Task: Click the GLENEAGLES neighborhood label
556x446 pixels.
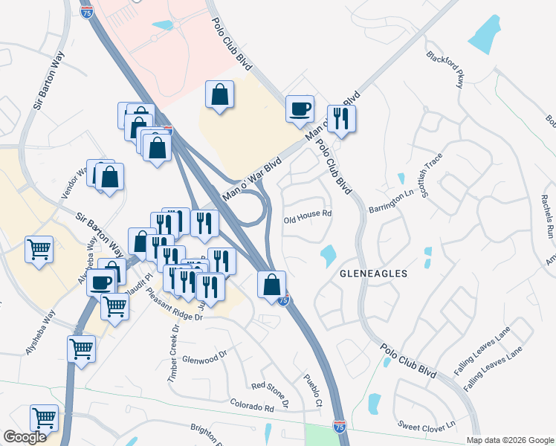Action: (x=373, y=274)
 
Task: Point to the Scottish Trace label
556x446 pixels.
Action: (x=432, y=176)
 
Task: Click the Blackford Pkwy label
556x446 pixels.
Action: (x=445, y=70)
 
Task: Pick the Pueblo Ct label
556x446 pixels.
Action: (x=312, y=392)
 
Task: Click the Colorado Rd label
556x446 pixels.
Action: (x=252, y=407)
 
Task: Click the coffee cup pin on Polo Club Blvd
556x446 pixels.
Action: (x=300, y=109)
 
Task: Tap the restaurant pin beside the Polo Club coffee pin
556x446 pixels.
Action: (x=341, y=119)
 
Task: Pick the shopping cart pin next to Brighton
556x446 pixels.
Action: (x=45, y=419)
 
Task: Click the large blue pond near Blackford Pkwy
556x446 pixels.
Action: (x=485, y=33)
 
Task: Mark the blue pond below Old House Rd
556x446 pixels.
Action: (x=327, y=256)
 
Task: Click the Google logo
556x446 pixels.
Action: (x=25, y=437)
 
